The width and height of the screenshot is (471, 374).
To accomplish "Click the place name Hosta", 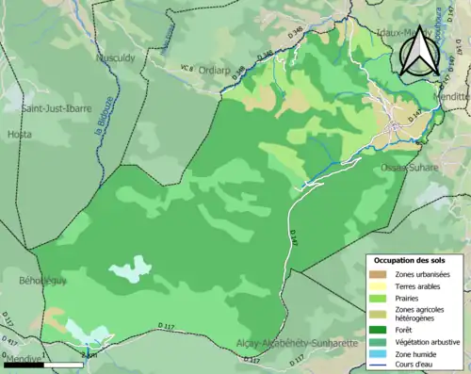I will (19, 134).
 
